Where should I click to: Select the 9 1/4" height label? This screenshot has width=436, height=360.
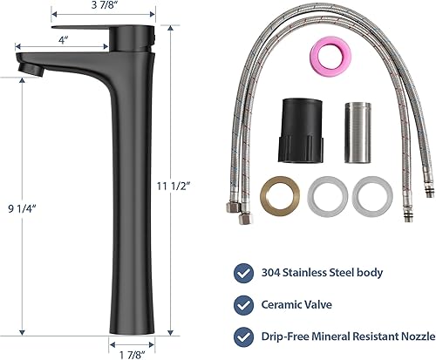pos(19,206)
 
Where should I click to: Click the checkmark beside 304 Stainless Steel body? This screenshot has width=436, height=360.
pos(243,272)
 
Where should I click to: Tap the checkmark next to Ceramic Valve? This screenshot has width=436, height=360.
pos(243,305)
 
